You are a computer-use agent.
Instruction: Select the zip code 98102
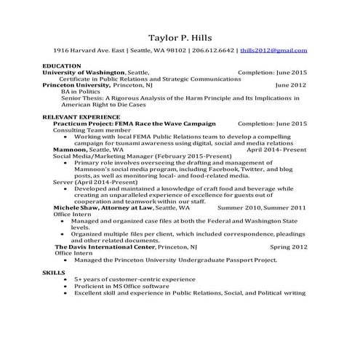173,50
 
